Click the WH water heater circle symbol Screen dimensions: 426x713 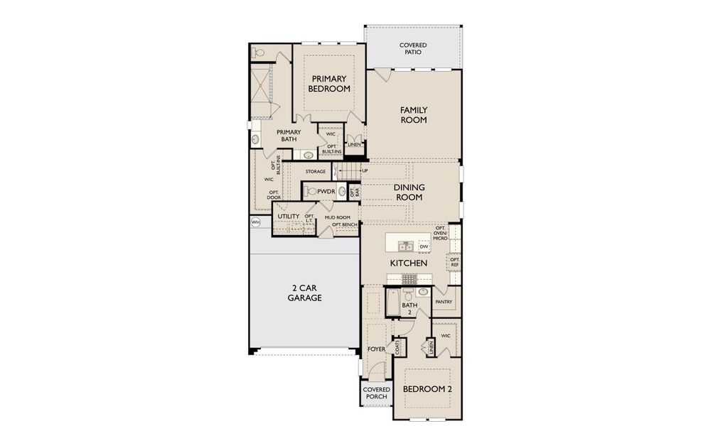point(254,222)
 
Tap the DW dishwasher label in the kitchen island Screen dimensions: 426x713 point(424,246)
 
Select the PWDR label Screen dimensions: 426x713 point(326,191)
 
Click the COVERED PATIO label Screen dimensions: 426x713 point(413,49)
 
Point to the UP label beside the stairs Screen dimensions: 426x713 point(365,171)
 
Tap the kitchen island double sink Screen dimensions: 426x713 point(406,246)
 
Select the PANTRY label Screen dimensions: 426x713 point(444,302)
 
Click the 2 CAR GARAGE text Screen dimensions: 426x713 point(305,293)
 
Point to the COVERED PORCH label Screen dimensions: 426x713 point(376,393)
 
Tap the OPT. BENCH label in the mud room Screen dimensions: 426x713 point(344,225)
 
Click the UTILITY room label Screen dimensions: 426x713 point(289,217)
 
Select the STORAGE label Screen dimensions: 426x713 point(316,172)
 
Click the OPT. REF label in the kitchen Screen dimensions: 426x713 point(455,262)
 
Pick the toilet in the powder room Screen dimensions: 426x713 point(311,191)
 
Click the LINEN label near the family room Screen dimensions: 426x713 point(354,145)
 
